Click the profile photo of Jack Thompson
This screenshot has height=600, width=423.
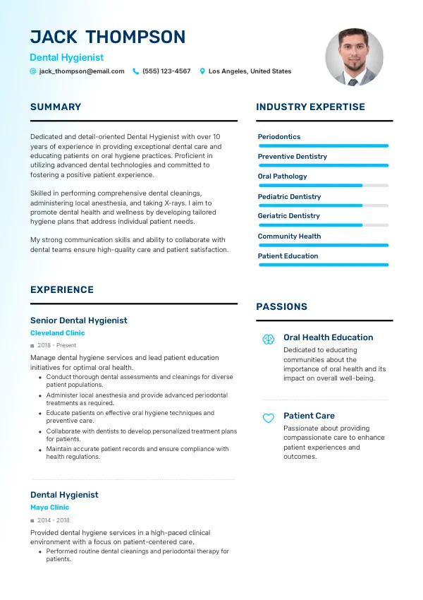coord(354,57)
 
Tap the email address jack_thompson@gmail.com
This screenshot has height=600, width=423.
coord(82,71)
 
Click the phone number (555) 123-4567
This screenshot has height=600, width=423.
coord(166,71)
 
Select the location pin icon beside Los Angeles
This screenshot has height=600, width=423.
coord(202,71)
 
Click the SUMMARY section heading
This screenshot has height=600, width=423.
coord(56,107)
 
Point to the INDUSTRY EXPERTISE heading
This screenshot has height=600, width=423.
coord(310,107)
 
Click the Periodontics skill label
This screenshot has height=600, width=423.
coord(278,137)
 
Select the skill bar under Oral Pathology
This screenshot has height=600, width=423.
coord(323,186)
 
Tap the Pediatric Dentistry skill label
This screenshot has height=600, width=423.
coord(289,197)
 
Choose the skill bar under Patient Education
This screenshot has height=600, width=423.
coord(323,265)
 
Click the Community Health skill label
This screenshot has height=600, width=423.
coord(289,236)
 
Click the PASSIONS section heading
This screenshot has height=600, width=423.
coord(281,307)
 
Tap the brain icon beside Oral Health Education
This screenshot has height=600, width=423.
coord(268,340)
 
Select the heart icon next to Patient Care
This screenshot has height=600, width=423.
coord(268,418)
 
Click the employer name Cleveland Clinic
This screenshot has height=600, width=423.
coord(57,333)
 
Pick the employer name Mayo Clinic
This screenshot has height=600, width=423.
coord(49,508)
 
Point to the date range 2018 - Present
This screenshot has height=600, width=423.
coord(57,346)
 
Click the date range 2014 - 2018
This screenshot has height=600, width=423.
coord(54,520)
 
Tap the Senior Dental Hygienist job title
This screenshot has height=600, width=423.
coord(78,320)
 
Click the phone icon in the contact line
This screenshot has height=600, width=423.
coord(136,71)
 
